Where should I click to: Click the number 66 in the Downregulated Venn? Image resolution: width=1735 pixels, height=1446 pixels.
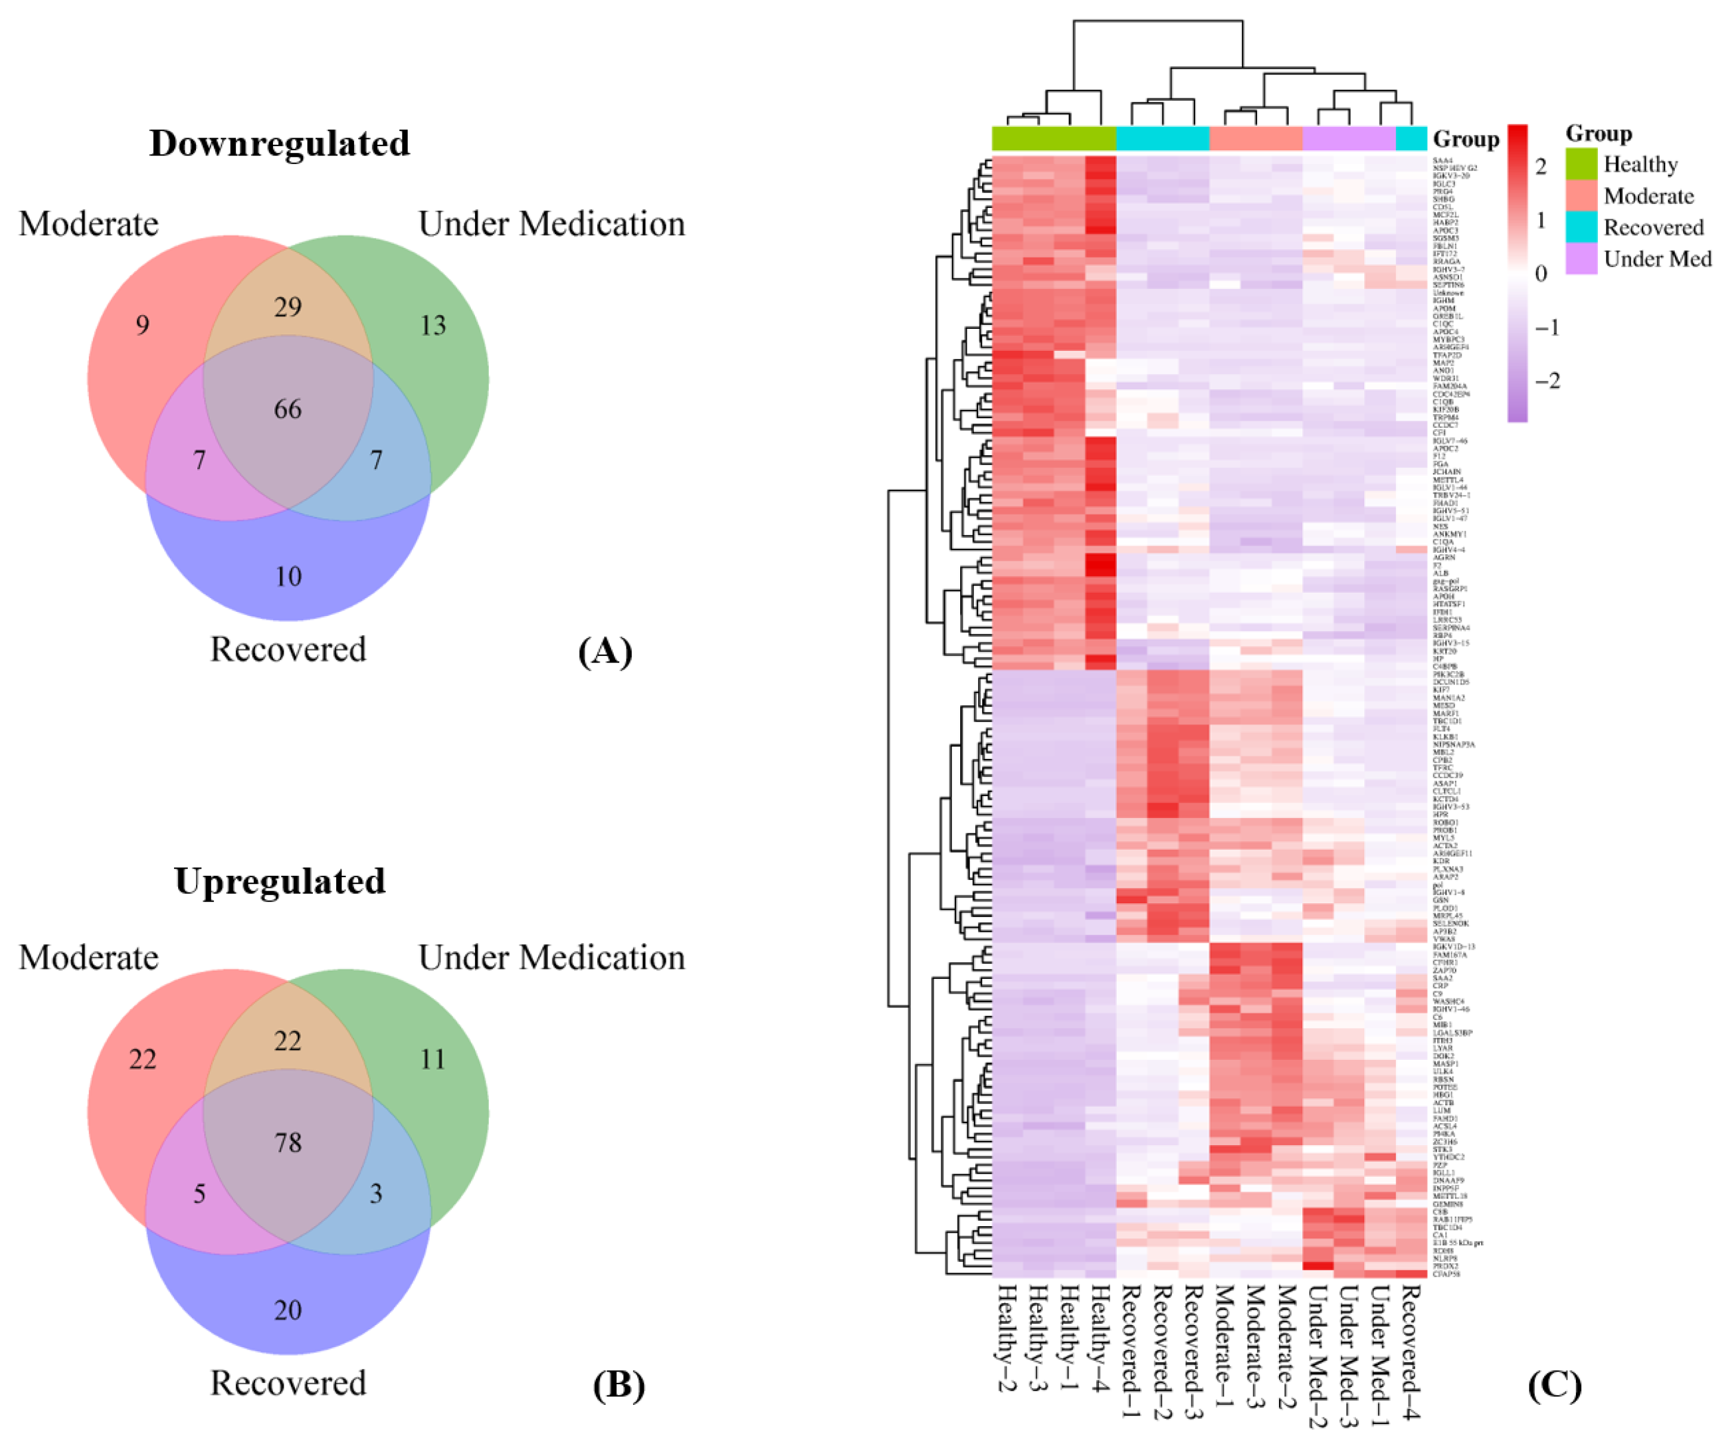(287, 409)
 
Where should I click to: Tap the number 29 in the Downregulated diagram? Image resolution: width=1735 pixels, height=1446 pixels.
(287, 307)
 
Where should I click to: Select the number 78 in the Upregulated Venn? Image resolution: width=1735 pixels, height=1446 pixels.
(287, 1143)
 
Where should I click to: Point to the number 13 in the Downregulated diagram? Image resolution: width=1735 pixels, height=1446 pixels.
(433, 325)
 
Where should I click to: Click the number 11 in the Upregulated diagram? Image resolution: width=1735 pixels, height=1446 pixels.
(433, 1059)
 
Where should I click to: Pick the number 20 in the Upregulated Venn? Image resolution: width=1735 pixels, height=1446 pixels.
(287, 1311)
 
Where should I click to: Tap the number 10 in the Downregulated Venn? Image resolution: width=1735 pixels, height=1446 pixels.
(287, 576)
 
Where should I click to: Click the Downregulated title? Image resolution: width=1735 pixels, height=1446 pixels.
(280, 144)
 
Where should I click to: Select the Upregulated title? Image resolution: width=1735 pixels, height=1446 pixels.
(280, 881)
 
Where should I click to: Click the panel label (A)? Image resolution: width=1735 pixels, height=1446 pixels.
(605, 652)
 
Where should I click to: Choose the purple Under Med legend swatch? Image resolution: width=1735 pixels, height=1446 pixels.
(1581, 259)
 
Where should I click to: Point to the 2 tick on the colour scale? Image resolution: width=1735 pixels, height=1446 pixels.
(1541, 167)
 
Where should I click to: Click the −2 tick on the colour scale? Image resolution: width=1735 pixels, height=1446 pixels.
(1547, 381)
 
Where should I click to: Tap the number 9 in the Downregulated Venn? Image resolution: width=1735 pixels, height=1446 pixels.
(142, 325)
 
